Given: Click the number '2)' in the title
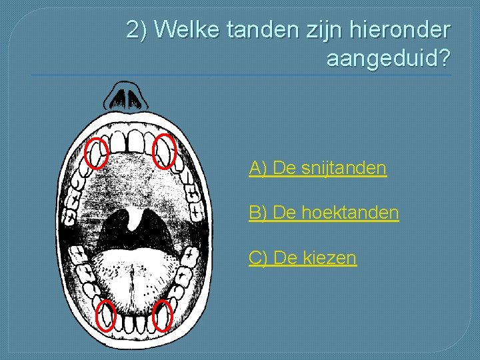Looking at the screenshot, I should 137,30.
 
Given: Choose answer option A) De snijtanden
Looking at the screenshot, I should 317,169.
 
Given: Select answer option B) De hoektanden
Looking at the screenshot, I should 324,213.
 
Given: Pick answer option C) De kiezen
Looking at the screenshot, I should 303,258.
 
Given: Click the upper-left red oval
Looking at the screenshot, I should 98,153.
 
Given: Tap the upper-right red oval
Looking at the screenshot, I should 164,151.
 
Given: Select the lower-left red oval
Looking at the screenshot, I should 106,315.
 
